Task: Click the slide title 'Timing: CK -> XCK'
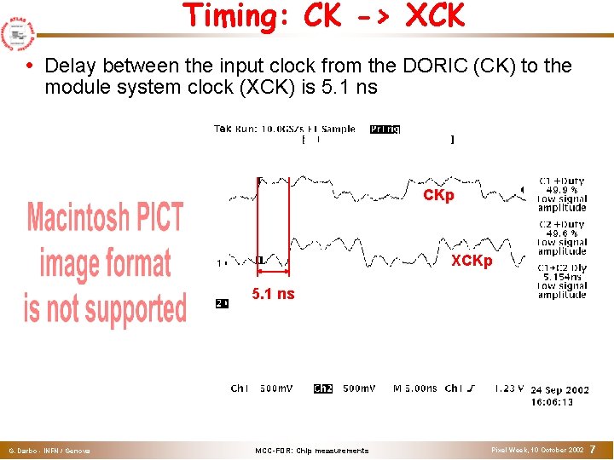tap(323, 16)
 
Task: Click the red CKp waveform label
tap(438, 196)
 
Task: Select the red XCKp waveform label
tap(472, 261)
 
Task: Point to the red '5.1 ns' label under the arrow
tap(273, 294)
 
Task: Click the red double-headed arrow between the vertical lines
tap(273, 272)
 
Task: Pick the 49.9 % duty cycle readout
tap(562, 190)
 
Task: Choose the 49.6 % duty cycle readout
tap(562, 233)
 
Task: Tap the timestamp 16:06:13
tap(552, 402)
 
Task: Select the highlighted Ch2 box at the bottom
tap(323, 388)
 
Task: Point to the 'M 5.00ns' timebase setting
tap(415, 388)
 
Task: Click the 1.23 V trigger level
tap(510, 388)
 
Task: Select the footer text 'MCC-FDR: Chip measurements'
tap(311, 451)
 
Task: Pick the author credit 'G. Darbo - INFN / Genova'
tap(49, 451)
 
